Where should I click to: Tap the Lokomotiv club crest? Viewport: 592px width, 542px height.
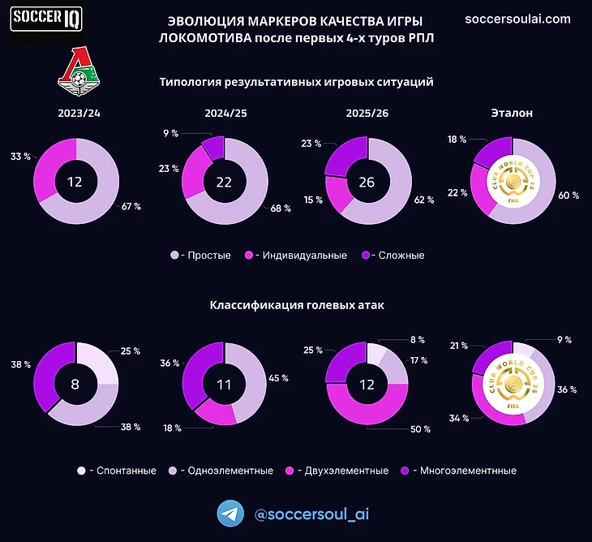79,71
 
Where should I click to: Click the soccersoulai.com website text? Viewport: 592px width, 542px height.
517,19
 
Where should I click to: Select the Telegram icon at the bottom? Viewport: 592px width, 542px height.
231,514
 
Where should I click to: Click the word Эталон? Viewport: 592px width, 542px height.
512,114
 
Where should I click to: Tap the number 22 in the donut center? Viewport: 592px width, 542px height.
225,183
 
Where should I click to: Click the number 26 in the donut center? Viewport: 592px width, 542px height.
366,183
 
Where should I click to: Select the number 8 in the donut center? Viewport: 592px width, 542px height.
75,384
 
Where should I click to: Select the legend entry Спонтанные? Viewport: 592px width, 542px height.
120,471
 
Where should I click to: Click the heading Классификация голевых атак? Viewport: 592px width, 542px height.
297,306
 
